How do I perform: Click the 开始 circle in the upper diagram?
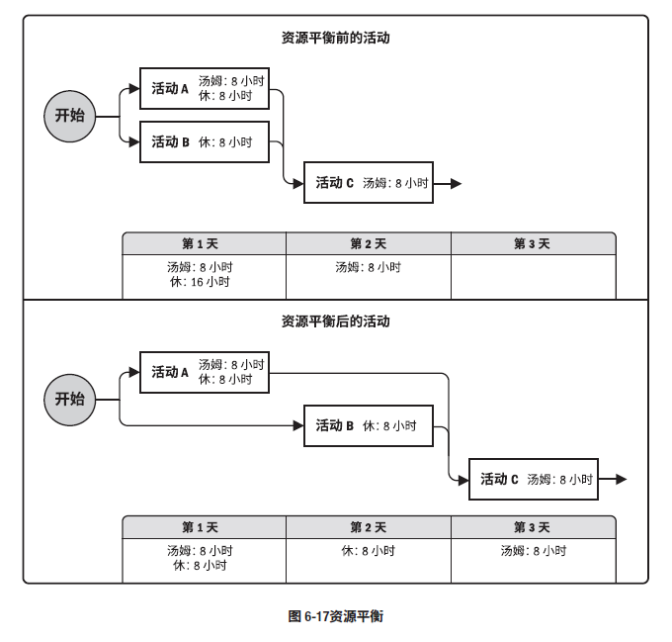(70, 116)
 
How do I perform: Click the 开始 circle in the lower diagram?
(70, 400)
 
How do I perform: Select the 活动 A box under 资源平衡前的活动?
(205, 88)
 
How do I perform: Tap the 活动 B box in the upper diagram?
(205, 141)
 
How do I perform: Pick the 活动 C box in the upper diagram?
(369, 183)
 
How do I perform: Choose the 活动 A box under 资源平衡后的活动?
(205, 372)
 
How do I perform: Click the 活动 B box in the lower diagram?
(369, 425)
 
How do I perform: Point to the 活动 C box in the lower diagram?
(534, 479)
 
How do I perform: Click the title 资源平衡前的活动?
(336, 38)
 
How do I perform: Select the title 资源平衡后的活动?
(336, 321)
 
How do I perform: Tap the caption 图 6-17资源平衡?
(336, 616)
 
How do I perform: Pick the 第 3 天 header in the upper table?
(533, 243)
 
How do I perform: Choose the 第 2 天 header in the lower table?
(369, 527)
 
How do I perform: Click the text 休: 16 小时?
(201, 282)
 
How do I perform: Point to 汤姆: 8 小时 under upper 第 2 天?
(369, 267)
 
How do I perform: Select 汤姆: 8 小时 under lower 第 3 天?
(534, 551)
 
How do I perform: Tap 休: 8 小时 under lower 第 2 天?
(369, 551)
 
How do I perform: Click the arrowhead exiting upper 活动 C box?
(456, 184)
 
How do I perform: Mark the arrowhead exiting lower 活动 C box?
(622, 479)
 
